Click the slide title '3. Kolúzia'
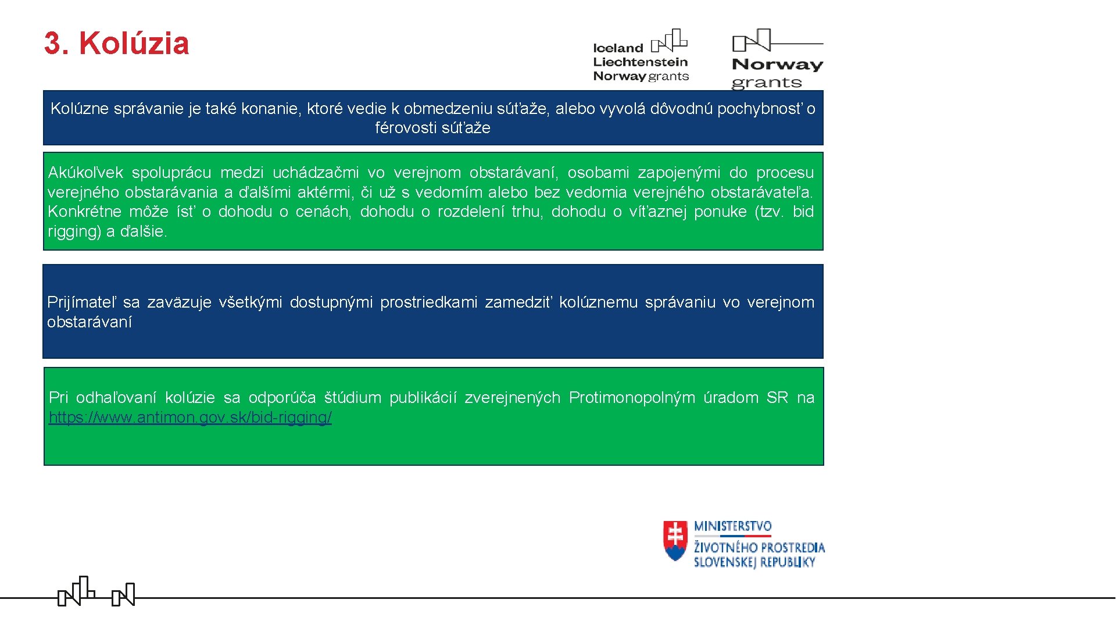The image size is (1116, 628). coord(116,44)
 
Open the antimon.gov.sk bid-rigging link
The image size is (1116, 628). coord(190,418)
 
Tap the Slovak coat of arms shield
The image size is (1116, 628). coord(675,540)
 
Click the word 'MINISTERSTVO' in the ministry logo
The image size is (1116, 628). coord(732,527)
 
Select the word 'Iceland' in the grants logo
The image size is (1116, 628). coord(618,48)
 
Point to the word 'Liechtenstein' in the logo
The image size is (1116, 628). coord(640,62)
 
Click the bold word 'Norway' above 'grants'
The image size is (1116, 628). coord(777,65)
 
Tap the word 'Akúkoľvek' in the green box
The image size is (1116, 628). coord(85,173)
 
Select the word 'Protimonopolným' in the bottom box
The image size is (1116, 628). coord(632,398)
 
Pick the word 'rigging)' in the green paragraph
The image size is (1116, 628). coord(74,231)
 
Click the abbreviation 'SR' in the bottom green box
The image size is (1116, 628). coord(777,398)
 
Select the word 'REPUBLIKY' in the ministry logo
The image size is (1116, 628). coord(787,562)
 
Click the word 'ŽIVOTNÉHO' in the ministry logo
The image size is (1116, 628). coord(725,548)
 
